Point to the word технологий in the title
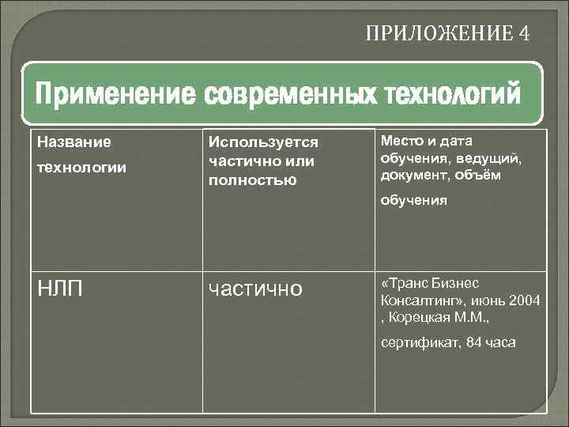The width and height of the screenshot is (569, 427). point(453,96)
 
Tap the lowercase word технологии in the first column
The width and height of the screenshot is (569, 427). point(81,168)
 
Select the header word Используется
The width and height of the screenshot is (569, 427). point(263,142)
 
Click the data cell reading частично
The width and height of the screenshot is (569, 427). point(254,289)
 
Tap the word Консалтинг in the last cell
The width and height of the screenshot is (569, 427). point(419,300)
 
